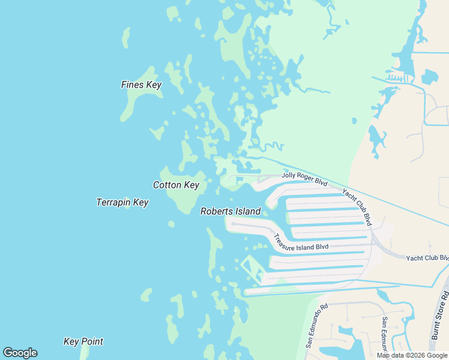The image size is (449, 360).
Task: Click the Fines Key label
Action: (x=141, y=85)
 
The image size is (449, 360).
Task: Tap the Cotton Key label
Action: (x=176, y=185)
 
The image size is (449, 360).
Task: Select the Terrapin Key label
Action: (x=122, y=202)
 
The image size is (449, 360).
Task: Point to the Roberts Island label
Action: (x=231, y=211)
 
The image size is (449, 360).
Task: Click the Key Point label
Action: (x=83, y=341)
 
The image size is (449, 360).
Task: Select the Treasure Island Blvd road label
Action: (x=301, y=242)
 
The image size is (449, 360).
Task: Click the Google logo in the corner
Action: (x=20, y=353)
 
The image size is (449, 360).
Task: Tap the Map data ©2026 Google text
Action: (x=412, y=355)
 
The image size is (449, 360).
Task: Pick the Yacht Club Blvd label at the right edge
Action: (x=427, y=258)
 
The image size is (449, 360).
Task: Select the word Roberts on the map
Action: (x=215, y=211)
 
